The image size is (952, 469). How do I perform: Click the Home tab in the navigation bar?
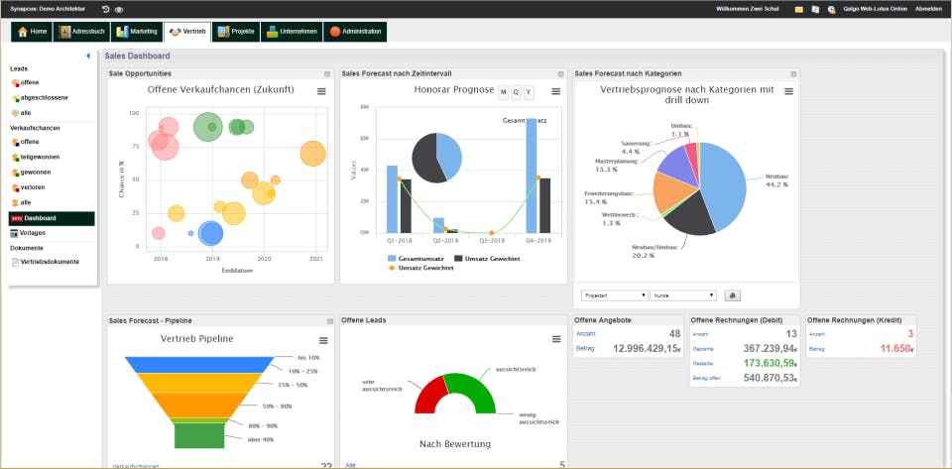pyautogui.click(x=33, y=32)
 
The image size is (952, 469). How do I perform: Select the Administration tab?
pyautogui.click(x=355, y=32)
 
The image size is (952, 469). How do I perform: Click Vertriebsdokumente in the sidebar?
pyautogui.click(x=50, y=262)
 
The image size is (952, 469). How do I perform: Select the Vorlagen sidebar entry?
pyautogui.click(x=33, y=233)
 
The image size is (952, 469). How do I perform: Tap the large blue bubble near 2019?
pyautogui.click(x=211, y=233)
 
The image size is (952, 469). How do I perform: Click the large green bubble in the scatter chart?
pyautogui.click(x=207, y=127)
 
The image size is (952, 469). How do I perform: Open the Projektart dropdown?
pyautogui.click(x=615, y=294)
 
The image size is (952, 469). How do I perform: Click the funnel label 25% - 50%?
pyautogui.click(x=293, y=385)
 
